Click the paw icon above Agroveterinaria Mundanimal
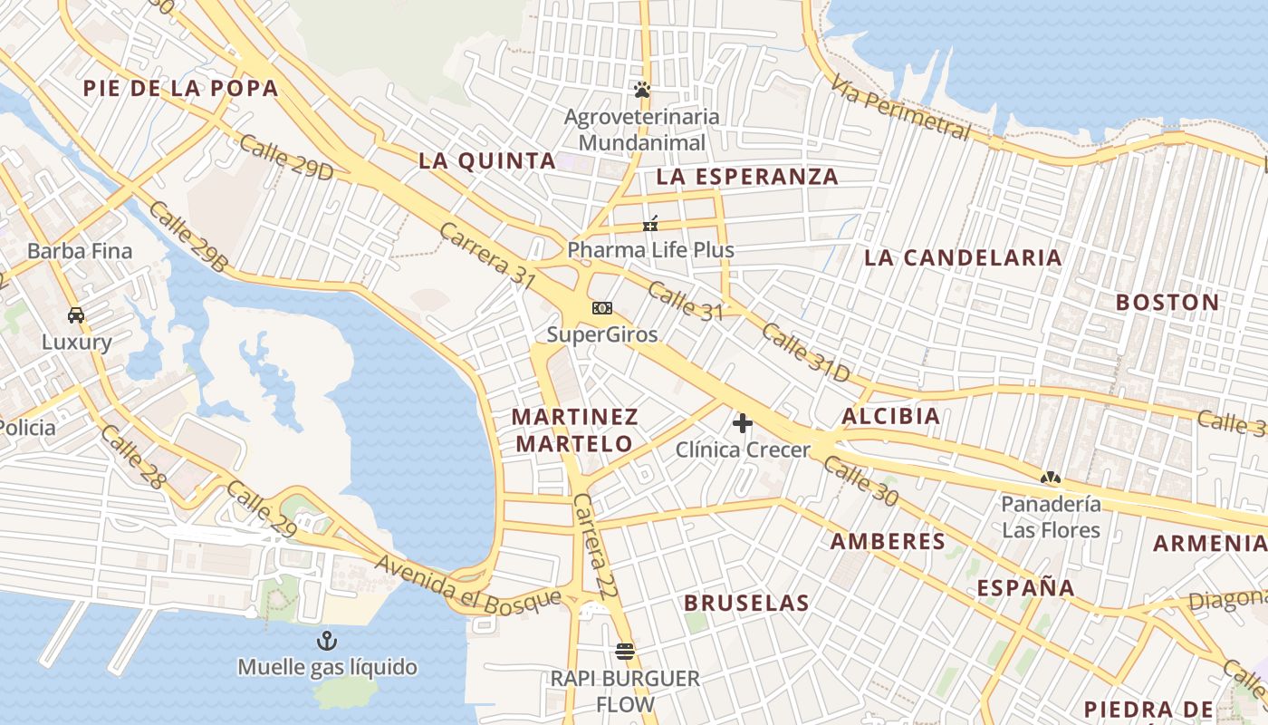[x=642, y=90]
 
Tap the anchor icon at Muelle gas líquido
[x=326, y=642]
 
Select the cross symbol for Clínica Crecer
[x=743, y=422]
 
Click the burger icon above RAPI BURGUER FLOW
[x=624, y=651]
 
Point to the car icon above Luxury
[x=76, y=315]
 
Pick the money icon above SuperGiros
[x=601, y=308]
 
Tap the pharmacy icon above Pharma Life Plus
[x=650, y=223]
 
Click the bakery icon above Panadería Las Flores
[x=1051, y=477]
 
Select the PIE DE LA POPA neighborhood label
[x=180, y=88]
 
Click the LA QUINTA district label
[x=487, y=161]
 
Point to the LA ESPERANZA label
[x=747, y=177]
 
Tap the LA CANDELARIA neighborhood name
[x=963, y=257]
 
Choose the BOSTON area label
[x=1167, y=302]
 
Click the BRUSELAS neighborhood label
[x=746, y=603]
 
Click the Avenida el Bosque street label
[x=468, y=583]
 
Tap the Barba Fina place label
[x=80, y=251]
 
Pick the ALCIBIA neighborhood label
[x=890, y=417]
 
